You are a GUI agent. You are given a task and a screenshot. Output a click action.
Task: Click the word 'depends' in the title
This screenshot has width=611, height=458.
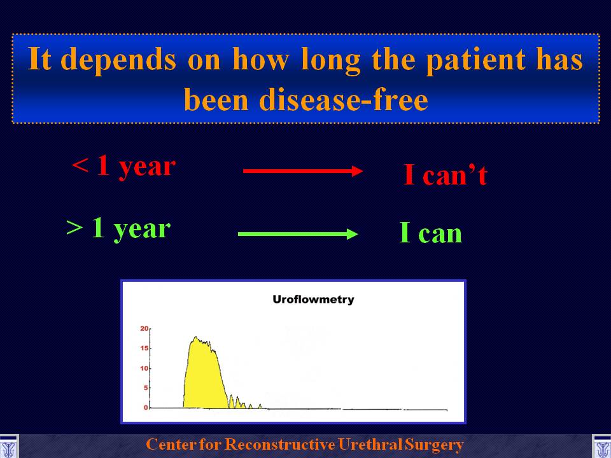pyautogui.click(x=118, y=60)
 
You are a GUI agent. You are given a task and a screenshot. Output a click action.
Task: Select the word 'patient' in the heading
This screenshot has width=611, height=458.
pyautogui.click(x=475, y=60)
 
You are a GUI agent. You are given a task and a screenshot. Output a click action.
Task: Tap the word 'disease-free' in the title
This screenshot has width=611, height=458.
pyautogui.click(x=344, y=100)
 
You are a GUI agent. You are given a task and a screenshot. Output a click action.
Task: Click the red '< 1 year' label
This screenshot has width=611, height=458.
pyautogui.click(x=124, y=167)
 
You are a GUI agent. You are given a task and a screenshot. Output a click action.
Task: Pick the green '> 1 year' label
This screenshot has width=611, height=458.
pyautogui.click(x=118, y=229)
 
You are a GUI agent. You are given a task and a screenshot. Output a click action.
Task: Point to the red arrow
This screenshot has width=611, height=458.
pyautogui.click(x=303, y=170)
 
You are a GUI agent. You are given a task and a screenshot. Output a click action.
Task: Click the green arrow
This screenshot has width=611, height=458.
pyautogui.click(x=298, y=233)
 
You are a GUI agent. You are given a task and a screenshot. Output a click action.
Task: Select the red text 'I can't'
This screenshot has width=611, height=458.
pyautogui.click(x=446, y=174)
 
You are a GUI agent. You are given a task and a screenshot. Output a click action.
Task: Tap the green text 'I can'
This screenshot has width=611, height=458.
pyautogui.click(x=431, y=233)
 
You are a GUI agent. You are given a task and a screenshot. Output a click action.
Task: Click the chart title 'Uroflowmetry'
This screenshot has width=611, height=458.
pyautogui.click(x=313, y=300)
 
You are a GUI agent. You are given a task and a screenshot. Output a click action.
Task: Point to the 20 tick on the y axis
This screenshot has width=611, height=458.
pyautogui.click(x=144, y=329)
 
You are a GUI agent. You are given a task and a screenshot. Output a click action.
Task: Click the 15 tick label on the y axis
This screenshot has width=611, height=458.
pyautogui.click(x=144, y=348)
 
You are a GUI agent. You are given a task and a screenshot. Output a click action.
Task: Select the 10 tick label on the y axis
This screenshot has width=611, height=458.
pyautogui.click(x=144, y=368)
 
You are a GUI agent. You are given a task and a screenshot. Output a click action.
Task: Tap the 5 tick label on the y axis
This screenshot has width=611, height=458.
pyautogui.click(x=146, y=387)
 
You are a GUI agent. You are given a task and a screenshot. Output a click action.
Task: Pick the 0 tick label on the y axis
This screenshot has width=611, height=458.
pyautogui.click(x=146, y=407)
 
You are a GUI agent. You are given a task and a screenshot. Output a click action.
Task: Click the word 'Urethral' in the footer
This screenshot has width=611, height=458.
pyautogui.click(x=370, y=445)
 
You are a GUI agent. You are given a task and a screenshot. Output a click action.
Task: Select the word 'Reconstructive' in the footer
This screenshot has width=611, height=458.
pyautogui.click(x=280, y=445)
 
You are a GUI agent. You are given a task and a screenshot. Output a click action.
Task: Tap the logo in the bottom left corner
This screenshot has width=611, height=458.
pyautogui.click(x=8, y=447)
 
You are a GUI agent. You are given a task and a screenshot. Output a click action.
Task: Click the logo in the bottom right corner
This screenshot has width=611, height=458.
pyautogui.click(x=601, y=447)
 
